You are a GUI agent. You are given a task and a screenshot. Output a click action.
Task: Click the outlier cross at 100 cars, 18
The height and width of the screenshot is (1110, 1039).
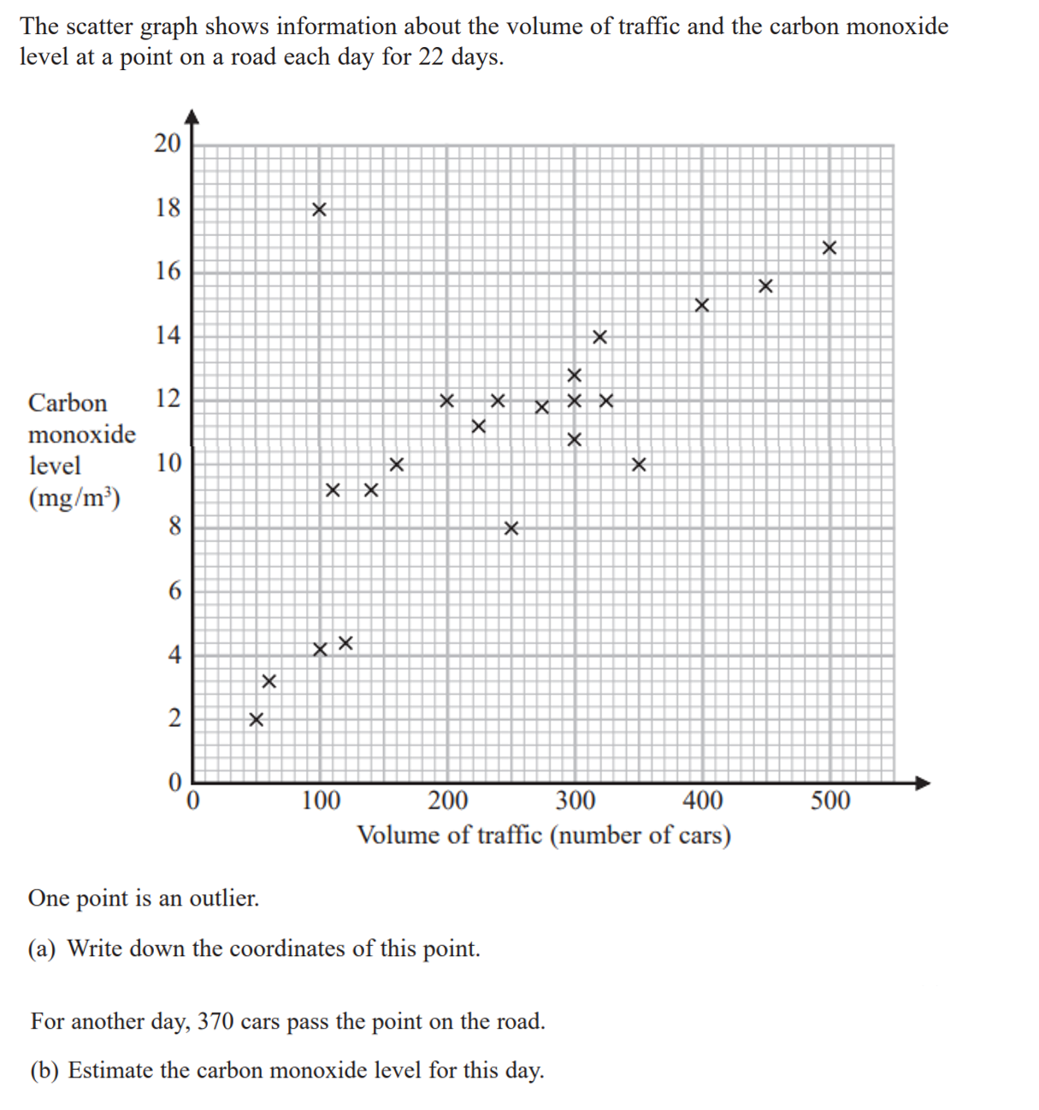(319, 209)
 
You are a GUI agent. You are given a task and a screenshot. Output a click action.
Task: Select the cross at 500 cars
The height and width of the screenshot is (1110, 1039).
(829, 248)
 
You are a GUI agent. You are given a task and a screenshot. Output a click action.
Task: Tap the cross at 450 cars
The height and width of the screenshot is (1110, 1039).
(765, 286)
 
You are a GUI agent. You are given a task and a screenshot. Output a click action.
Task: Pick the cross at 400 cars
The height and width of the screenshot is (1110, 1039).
(701, 305)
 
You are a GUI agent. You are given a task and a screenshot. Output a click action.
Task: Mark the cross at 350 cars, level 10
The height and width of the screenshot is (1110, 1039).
(638, 464)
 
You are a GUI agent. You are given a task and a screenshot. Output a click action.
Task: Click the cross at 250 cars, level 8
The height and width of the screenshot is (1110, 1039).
(511, 528)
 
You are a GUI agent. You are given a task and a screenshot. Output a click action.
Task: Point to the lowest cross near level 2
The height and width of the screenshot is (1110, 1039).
(256, 720)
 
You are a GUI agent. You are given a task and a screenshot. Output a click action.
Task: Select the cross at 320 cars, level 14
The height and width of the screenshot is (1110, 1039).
(599, 337)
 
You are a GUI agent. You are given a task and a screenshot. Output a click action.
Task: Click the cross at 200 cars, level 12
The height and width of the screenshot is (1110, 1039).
(446, 400)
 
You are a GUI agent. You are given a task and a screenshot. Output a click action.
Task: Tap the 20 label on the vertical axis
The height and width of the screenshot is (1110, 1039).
(168, 143)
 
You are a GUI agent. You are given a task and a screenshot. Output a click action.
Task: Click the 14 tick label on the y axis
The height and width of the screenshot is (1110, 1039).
(168, 334)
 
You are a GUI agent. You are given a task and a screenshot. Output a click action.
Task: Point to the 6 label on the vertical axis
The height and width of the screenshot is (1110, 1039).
(174, 590)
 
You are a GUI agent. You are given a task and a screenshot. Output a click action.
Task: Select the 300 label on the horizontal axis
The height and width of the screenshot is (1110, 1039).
(576, 801)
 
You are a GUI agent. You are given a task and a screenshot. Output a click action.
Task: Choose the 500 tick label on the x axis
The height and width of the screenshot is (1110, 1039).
(830, 801)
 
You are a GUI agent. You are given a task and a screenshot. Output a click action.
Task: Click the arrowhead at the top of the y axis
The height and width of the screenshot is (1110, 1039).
(192, 116)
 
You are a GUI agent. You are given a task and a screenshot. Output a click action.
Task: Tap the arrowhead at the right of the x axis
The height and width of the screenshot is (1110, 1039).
(922, 782)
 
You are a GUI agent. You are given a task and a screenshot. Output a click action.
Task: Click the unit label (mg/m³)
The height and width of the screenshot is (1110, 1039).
(74, 498)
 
